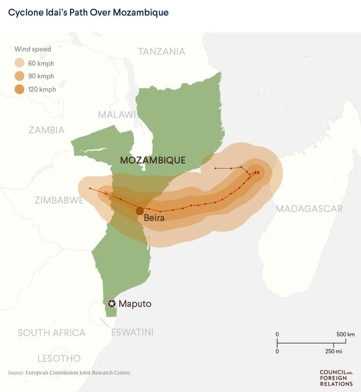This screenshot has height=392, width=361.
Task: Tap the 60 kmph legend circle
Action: tap(19, 63)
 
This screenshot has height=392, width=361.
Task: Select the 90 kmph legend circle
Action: tap(19, 76)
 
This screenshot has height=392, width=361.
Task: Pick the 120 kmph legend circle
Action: tap(19, 89)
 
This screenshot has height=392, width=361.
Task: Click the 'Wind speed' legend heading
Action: tap(33, 49)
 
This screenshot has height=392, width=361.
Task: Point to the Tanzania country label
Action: tap(161, 51)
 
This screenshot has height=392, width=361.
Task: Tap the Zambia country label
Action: tap(47, 130)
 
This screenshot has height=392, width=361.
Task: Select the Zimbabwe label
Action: tap(59, 201)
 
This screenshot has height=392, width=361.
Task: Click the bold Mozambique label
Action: tap(152, 160)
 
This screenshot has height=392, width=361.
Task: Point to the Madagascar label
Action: tap(309, 208)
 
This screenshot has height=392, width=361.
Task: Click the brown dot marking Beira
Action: tap(140, 211)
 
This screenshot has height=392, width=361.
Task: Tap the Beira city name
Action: tap(154, 218)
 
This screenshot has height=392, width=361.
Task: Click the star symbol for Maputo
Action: tap(111, 304)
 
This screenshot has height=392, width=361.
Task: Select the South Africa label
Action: tap(51, 333)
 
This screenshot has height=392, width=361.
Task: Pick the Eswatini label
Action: tap(132, 333)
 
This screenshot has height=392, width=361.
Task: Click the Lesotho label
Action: tap(59, 358)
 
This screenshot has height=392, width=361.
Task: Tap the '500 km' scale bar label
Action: tap(346, 334)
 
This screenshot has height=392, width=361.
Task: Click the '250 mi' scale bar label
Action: tap(333, 351)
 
